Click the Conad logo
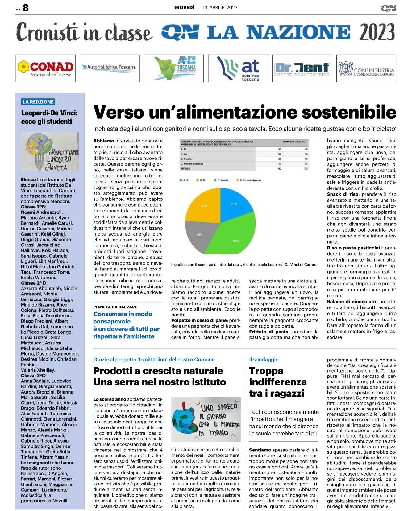[x=45, y=68]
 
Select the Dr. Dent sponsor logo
[x=302, y=68]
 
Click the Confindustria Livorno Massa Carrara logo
[x=366, y=68]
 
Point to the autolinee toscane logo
[x=238, y=68]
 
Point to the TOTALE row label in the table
[x=185, y=169]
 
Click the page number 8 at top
[x=25, y=8]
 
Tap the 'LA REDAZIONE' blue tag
[x=38, y=102]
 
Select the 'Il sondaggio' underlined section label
[x=264, y=360]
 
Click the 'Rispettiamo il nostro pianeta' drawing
[x=50, y=152]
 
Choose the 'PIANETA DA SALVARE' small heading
[x=115, y=307]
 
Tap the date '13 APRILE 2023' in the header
[x=220, y=8]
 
